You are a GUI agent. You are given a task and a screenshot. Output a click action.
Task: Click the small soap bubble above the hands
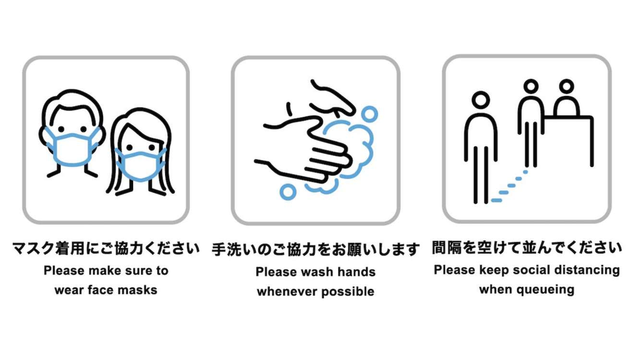coord(369,114)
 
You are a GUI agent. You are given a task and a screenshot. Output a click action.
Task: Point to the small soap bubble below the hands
coord(288,192)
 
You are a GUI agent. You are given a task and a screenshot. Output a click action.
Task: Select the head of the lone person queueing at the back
coord(481,100)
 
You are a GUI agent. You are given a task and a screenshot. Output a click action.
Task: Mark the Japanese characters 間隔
coord(447,248)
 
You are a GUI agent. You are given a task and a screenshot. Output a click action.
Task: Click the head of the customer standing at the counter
coord(531,86)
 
